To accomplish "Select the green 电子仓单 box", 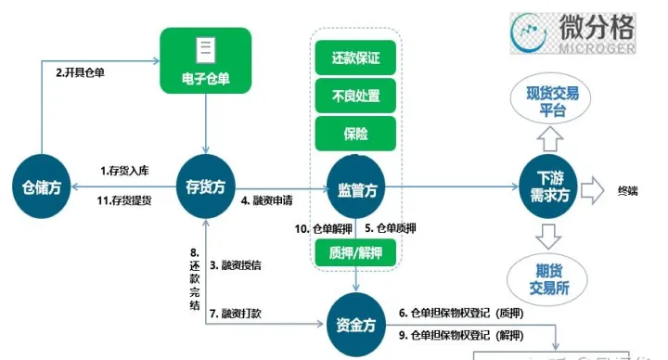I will pos(206,61).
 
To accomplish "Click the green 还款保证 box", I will pos(356,58).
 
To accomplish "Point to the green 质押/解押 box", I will pos(356,251).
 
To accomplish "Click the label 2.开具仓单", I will pos(80,72).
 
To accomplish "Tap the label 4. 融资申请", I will pos(270,199).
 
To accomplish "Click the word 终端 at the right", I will pos(628,191).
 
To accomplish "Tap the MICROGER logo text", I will pos(597,47).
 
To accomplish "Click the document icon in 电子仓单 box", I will pos(206,48).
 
